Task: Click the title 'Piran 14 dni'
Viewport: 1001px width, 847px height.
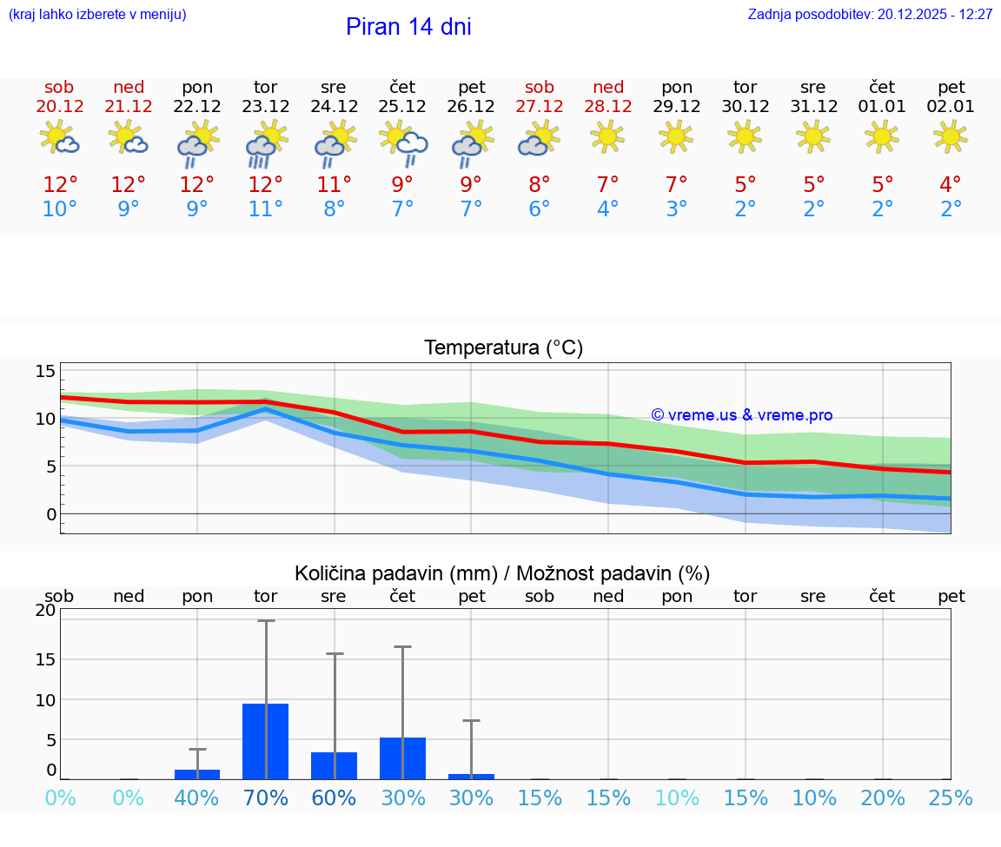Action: [408, 27]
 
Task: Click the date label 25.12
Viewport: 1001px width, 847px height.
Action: [402, 107]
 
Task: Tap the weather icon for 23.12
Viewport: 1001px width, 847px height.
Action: [265, 142]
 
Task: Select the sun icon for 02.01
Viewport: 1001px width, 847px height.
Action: [951, 136]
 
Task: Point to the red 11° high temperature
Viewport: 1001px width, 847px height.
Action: [334, 185]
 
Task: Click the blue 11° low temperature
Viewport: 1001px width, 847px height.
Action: [265, 209]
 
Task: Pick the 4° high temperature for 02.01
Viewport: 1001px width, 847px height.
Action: [951, 185]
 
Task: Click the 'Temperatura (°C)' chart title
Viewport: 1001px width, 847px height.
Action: [503, 348]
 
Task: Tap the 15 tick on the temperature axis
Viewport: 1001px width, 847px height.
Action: [45, 372]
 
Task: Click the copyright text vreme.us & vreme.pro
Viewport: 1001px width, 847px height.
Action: [741, 415]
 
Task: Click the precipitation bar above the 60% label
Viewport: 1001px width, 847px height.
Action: [334, 765]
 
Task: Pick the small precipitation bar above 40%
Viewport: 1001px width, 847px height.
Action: [197, 774]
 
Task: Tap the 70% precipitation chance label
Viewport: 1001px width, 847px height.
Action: [265, 797]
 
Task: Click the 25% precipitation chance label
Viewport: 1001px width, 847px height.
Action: [951, 797]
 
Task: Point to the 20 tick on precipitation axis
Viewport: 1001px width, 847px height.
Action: [45, 610]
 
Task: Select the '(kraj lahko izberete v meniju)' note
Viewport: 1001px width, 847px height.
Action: [97, 15]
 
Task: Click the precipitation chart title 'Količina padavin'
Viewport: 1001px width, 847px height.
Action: [502, 573]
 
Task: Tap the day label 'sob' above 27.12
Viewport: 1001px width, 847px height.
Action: [540, 88]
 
